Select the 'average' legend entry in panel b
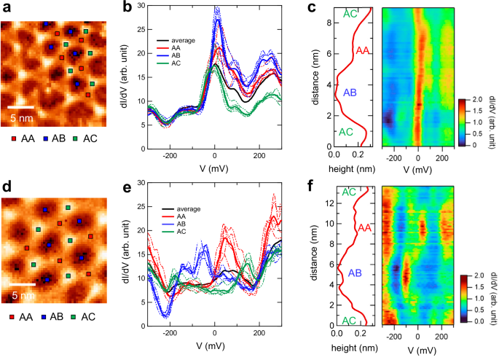189,39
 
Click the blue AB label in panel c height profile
349,92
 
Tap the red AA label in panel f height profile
362,229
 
